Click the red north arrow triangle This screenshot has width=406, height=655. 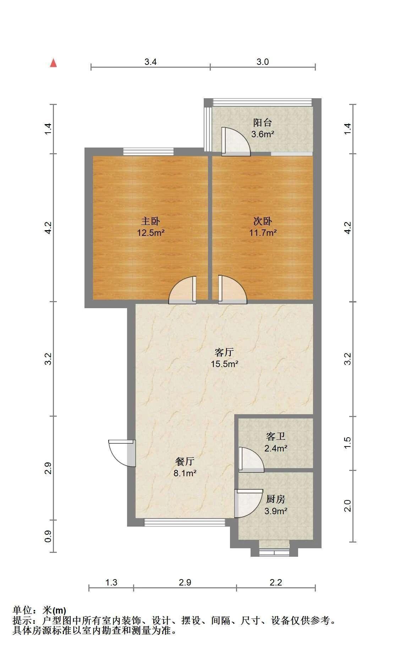pyautogui.click(x=53, y=63)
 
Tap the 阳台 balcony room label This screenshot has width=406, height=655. pyautogui.click(x=263, y=123)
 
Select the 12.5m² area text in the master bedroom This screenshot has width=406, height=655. pyautogui.click(x=151, y=233)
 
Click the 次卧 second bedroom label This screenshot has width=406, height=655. pyautogui.click(x=263, y=221)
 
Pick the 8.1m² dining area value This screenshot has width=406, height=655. pyautogui.click(x=185, y=473)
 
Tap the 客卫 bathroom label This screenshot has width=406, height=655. pyautogui.click(x=276, y=436)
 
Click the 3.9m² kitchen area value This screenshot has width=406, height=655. pyautogui.click(x=276, y=511)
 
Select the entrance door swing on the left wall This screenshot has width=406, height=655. pyautogui.click(x=122, y=453)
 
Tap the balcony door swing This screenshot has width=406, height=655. pyautogui.click(x=236, y=141)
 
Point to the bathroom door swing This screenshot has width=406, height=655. pyautogui.click(x=251, y=460)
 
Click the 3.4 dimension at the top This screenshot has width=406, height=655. pyautogui.click(x=150, y=62)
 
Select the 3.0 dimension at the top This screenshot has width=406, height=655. pyautogui.click(x=263, y=62)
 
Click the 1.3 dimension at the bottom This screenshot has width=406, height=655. pyautogui.click(x=111, y=582)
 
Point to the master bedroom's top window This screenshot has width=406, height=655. pyautogui.click(x=148, y=152)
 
